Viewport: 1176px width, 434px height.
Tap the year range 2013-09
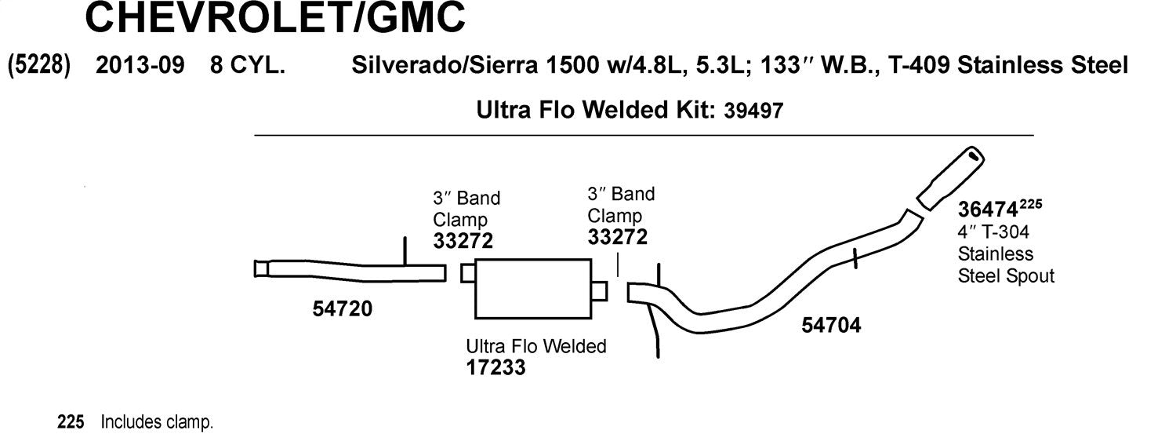pyautogui.click(x=140, y=65)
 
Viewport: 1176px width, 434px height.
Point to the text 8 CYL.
pyautogui.click(x=247, y=65)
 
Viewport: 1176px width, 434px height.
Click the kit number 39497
pyautogui.click(x=753, y=111)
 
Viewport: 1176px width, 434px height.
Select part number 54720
pyautogui.click(x=343, y=309)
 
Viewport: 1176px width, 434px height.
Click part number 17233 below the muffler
pyautogui.click(x=495, y=367)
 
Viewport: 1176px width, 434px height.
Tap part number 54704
pyautogui.click(x=831, y=325)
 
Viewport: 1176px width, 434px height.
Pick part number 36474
pyautogui.click(x=988, y=210)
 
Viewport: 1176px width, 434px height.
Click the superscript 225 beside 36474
pyautogui.click(x=1031, y=204)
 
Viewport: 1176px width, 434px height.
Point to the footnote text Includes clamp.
pyautogui.click(x=157, y=422)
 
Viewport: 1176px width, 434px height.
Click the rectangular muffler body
pyautogui.click(x=533, y=289)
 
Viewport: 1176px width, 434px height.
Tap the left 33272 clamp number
pyautogui.click(x=463, y=241)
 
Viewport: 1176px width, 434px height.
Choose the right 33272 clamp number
pyautogui.click(x=618, y=237)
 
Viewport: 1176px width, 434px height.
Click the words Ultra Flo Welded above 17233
pyautogui.click(x=536, y=346)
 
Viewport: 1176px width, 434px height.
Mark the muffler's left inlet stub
pyautogui.click(x=468, y=273)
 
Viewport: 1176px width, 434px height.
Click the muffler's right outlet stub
pyautogui.click(x=600, y=291)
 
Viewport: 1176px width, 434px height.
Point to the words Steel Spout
pyautogui.click(x=1006, y=276)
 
